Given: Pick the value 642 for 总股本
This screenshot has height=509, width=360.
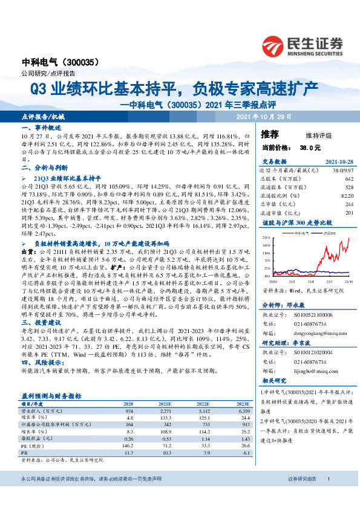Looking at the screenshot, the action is pos(348,179).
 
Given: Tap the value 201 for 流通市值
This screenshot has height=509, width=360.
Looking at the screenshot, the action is pos(348,213).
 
